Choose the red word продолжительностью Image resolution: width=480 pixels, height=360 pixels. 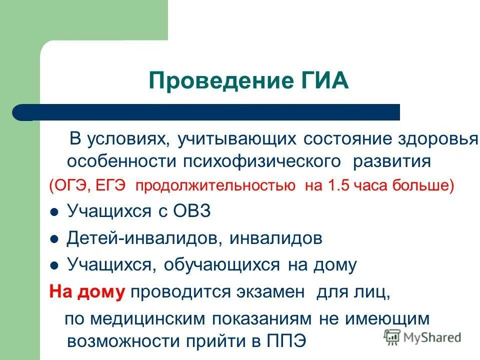tap(215, 186)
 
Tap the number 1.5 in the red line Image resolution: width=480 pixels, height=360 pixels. tap(338, 186)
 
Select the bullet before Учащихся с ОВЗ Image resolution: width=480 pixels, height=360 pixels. tap(55, 212)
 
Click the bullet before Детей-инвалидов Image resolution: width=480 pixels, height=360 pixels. tap(55, 238)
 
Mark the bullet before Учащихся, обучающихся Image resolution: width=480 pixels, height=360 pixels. tap(55, 265)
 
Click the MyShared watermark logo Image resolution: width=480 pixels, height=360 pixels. tap(422, 336)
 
